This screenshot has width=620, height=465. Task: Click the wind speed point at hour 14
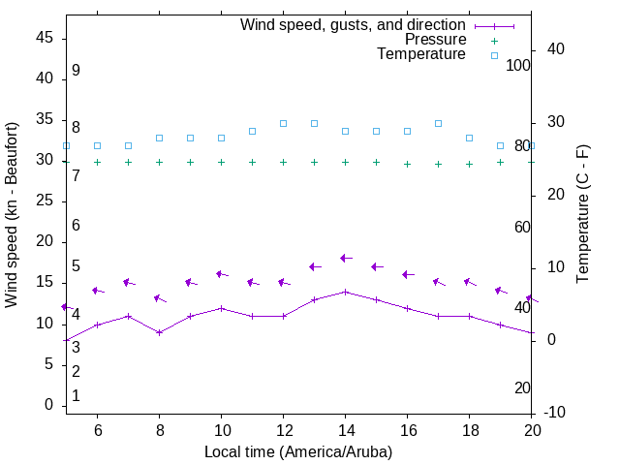click(x=345, y=292)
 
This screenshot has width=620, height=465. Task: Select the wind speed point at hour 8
click(x=159, y=332)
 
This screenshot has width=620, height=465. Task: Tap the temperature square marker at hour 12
click(x=283, y=123)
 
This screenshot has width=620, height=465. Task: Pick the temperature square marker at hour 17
click(x=438, y=123)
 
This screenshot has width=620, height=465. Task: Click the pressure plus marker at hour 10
click(x=221, y=162)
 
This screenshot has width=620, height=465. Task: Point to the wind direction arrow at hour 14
click(x=346, y=259)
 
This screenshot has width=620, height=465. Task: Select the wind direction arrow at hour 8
click(x=160, y=298)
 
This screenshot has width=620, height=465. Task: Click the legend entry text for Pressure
click(x=435, y=40)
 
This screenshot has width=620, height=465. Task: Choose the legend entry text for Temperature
click(x=421, y=54)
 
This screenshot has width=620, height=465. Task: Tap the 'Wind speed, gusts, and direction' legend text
click(x=353, y=24)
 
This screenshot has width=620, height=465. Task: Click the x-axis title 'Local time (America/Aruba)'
click(x=298, y=451)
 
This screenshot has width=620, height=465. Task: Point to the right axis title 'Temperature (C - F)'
click(x=582, y=215)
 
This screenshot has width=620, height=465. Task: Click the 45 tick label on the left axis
click(x=45, y=37)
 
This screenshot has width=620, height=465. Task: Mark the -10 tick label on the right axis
click(x=554, y=413)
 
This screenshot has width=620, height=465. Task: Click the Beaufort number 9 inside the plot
click(x=76, y=71)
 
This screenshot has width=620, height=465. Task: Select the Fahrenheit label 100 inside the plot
click(x=518, y=65)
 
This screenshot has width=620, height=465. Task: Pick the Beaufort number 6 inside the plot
click(x=76, y=225)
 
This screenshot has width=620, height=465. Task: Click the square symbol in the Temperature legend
click(x=494, y=55)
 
